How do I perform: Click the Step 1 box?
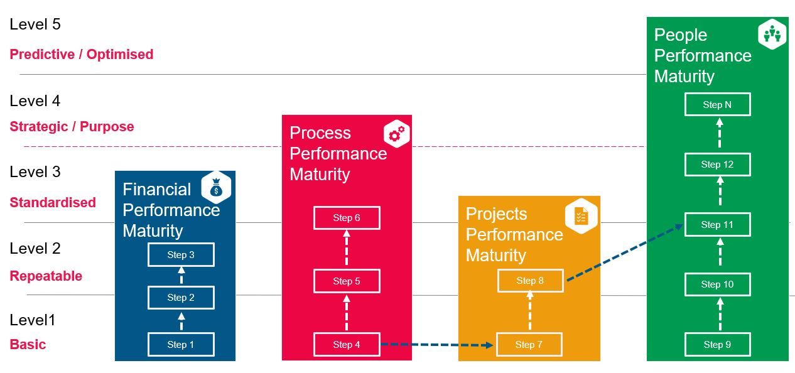pos(181,344)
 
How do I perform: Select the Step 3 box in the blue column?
pos(181,255)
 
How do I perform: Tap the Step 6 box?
pos(347,218)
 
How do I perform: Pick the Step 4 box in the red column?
pos(347,344)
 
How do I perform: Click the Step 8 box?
pos(531,281)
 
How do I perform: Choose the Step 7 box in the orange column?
pos(529,344)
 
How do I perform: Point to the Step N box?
pos(717,105)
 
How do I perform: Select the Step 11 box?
pos(717,225)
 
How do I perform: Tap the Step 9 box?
pos(717,344)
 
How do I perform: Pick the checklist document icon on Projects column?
pos(581,216)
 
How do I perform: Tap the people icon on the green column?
pos(772,34)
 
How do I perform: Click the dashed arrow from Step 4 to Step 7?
pos(437,345)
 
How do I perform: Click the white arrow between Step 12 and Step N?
pos(720,132)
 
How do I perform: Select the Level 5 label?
pos(35,24)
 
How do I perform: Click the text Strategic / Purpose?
pos(72,127)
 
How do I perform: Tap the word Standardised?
pos(53,202)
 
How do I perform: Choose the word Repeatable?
pos(46,276)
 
